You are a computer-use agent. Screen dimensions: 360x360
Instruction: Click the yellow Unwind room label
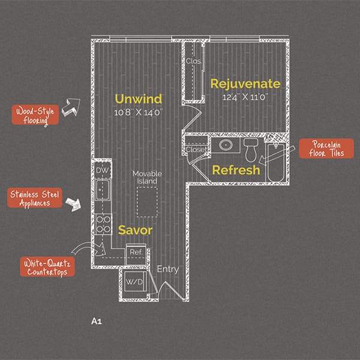coord(139,99)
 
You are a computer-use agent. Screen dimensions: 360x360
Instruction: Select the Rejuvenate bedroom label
coord(245,84)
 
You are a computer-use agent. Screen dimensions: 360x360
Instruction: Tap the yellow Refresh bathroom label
coord(236,170)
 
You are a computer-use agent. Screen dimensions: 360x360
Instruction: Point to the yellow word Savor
coord(135,230)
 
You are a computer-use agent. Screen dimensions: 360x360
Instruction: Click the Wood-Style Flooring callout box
coord(35,115)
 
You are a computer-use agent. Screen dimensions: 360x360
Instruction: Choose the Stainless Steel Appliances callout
coord(35,198)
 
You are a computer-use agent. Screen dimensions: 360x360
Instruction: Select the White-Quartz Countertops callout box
coord(47,267)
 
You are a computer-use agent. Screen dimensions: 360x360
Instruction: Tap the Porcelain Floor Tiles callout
coord(326,149)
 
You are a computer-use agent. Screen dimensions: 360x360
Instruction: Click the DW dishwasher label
coord(103,170)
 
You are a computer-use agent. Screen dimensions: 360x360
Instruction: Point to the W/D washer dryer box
coord(135,281)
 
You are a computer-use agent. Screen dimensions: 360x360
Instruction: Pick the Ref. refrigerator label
coord(136,252)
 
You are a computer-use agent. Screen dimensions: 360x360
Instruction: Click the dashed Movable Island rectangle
coord(147,202)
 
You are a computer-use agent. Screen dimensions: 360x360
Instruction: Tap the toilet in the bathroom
coord(251,150)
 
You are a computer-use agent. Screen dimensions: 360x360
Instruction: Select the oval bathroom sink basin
coord(226,145)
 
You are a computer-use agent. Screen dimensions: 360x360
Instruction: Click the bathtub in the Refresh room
coord(276,163)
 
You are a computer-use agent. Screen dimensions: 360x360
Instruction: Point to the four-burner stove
coord(103,224)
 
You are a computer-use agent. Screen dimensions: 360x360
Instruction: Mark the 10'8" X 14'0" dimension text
coord(139,113)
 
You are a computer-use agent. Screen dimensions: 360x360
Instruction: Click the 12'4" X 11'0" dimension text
coord(245,97)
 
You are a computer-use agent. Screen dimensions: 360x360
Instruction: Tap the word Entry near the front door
coord(168,269)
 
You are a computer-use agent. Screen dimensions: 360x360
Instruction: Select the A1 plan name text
coord(97,321)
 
